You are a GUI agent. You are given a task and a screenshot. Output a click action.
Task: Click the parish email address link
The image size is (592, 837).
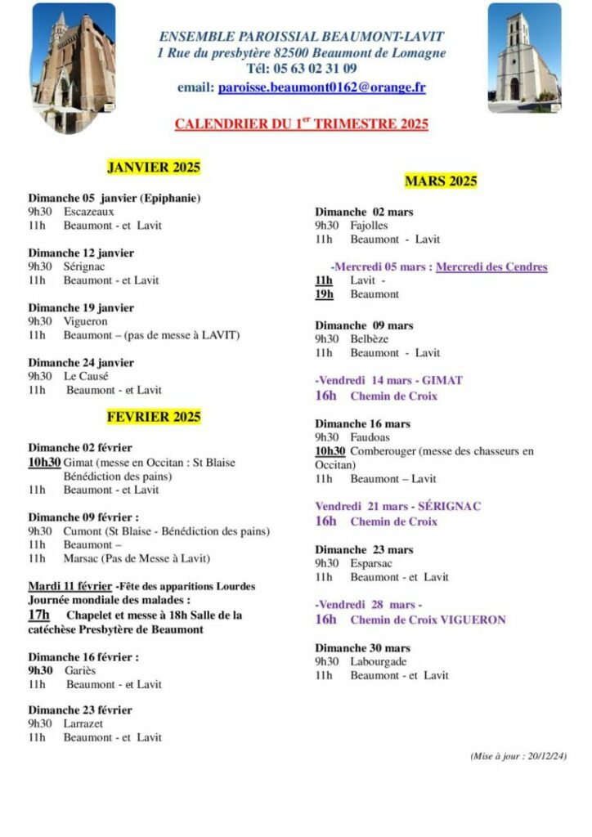[x=321, y=87]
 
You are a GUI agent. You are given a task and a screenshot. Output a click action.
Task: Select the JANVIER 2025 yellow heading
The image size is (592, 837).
[x=154, y=168]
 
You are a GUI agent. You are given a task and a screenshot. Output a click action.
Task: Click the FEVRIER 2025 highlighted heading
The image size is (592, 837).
[x=154, y=417]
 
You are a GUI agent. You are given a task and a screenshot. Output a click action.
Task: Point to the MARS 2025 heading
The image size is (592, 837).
[x=441, y=181]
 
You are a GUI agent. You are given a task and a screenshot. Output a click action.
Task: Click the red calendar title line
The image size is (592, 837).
[x=301, y=124]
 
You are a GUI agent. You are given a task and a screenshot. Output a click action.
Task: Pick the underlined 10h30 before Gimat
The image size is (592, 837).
[x=44, y=462]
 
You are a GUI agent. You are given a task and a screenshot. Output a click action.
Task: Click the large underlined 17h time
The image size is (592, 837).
[x=38, y=615]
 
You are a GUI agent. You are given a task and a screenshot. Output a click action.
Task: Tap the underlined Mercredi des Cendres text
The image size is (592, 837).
[x=491, y=266]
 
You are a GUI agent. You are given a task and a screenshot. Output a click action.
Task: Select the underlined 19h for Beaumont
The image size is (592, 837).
[x=324, y=294]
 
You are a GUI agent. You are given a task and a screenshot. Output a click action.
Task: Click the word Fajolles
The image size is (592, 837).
[x=369, y=225]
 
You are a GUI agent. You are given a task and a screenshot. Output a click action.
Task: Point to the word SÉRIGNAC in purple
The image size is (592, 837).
[x=449, y=506]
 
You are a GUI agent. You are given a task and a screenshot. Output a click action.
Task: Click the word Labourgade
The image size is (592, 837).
[x=379, y=661]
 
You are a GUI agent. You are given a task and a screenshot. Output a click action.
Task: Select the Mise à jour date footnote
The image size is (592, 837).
[x=518, y=757]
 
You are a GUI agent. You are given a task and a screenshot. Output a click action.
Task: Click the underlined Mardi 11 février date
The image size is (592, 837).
[x=70, y=586]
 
